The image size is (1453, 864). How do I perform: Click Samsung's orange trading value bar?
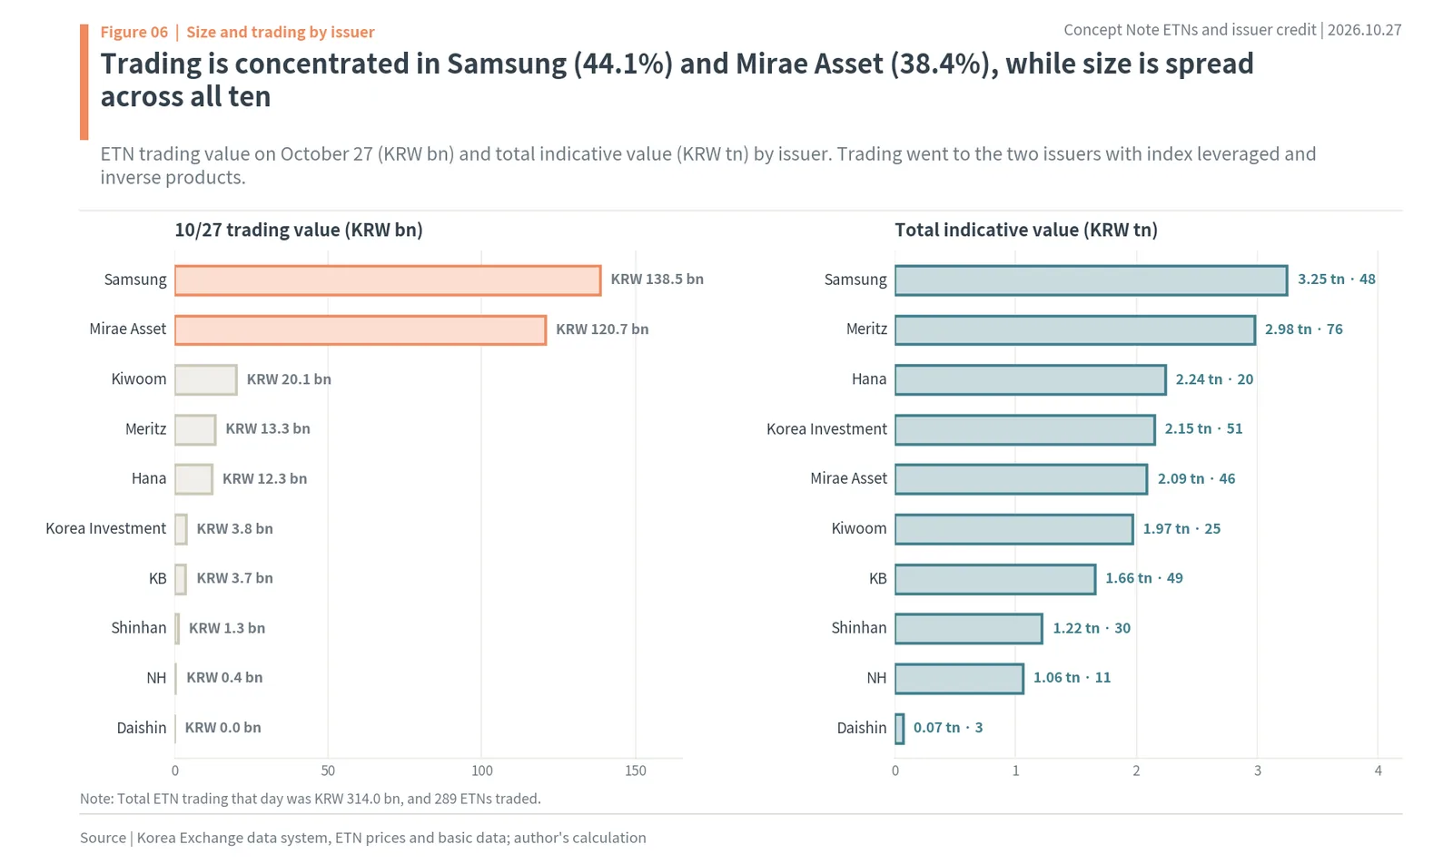[x=388, y=280]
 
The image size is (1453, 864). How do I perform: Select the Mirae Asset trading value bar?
[x=361, y=330]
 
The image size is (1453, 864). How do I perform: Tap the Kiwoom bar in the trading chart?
[x=205, y=380]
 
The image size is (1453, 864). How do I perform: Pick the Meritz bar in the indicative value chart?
[x=1075, y=330]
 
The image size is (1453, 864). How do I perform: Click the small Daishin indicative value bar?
[x=899, y=729]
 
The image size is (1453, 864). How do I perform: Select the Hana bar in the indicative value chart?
[x=1030, y=380]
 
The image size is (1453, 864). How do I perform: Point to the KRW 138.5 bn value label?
[x=657, y=280]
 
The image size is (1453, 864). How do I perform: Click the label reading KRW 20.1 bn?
[x=289, y=379]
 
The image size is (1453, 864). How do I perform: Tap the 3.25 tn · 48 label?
[x=1336, y=280]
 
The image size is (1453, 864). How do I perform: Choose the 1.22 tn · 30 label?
[x=1092, y=628]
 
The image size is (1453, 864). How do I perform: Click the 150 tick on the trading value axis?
[x=636, y=771]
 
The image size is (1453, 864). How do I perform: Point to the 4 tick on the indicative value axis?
[x=1378, y=771]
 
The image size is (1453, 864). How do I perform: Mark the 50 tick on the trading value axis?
[x=328, y=771]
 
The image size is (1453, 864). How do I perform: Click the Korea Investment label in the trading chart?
[x=105, y=528]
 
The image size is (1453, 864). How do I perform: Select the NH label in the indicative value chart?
[x=876, y=678]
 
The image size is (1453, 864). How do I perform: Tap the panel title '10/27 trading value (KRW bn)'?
[x=299, y=231]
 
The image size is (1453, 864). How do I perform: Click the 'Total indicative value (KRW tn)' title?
[x=1026, y=231]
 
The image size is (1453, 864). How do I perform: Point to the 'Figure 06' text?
[x=134, y=32]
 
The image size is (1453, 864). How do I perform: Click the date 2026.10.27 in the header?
[x=1365, y=30]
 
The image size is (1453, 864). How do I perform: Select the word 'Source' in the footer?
[x=104, y=838]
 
